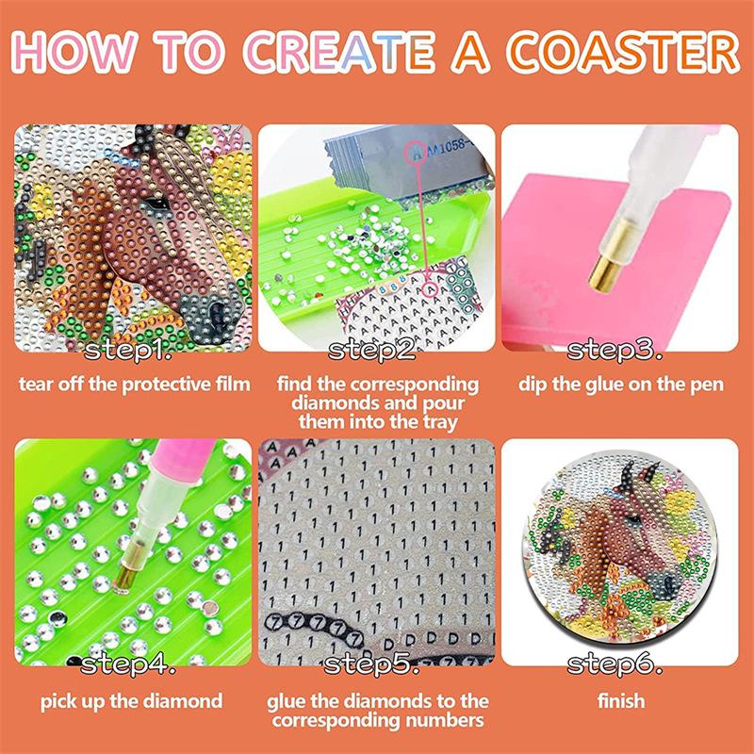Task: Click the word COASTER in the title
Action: coord(624,52)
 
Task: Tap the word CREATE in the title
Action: coord(339,52)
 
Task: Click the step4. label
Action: coord(127,664)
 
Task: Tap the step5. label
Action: coord(370,664)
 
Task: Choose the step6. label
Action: coord(615,664)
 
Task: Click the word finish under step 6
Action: coord(621,700)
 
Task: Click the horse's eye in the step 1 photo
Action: coord(157,204)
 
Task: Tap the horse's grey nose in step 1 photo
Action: coord(210,315)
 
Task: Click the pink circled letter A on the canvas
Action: coord(431,289)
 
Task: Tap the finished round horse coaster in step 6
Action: coord(619,547)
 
